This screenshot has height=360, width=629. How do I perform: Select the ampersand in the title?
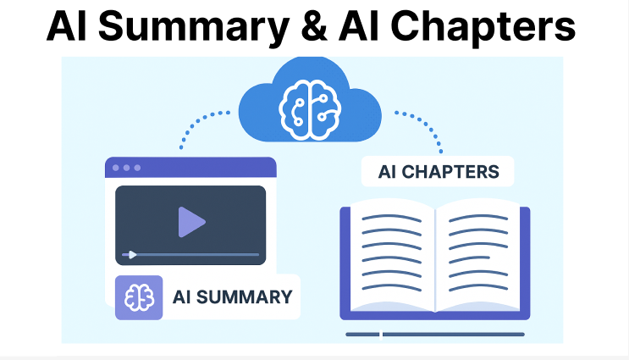(300, 27)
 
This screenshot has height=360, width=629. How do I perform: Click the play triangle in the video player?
(191, 222)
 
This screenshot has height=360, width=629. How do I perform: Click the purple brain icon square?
(139, 296)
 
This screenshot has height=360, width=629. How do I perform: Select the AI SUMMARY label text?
(232, 296)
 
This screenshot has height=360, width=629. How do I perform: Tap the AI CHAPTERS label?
(439, 173)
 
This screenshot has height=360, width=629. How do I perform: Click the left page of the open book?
(390, 254)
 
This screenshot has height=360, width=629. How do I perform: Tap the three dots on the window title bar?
(126, 168)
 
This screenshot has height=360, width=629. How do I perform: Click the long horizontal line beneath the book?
(433, 335)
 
